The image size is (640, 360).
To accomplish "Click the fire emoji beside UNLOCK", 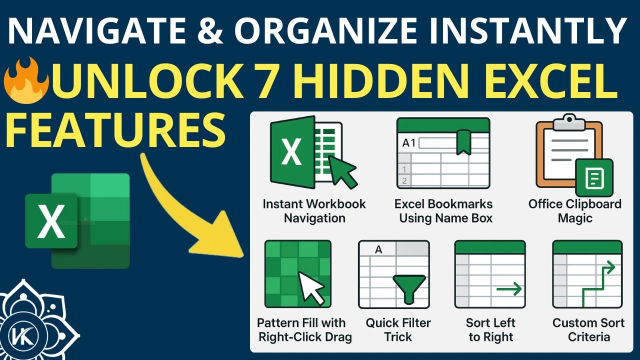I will click(26, 82).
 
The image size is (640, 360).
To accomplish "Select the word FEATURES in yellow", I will click(116, 128).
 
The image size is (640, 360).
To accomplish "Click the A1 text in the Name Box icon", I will click(409, 143).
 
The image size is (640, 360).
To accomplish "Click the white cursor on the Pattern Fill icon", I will click(310, 287).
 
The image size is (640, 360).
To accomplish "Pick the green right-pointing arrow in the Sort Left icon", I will click(509, 288).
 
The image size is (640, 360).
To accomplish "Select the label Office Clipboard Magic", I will click(574, 211).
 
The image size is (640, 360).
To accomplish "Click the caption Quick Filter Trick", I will click(398, 329).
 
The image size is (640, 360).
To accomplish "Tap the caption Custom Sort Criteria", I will click(588, 329).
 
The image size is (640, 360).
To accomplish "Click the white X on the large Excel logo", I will click(51, 221).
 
